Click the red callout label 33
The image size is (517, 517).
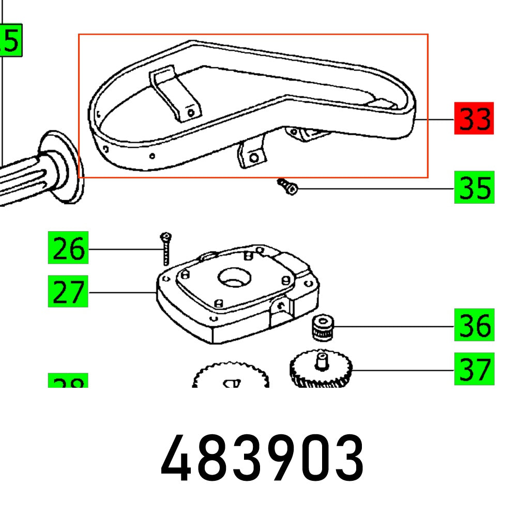click(x=474, y=119)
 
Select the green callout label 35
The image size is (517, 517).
click(x=474, y=187)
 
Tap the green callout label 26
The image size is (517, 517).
click(x=68, y=249)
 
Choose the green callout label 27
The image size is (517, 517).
click(x=68, y=292)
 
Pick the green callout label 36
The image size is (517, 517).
click(x=474, y=325)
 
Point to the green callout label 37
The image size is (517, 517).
click(x=474, y=369)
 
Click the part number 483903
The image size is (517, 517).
click(x=262, y=459)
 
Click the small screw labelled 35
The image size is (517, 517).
click(x=288, y=187)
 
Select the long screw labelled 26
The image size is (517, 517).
click(x=165, y=248)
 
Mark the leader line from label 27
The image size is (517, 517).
click(x=122, y=293)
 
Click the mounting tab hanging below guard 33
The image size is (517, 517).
click(x=252, y=155)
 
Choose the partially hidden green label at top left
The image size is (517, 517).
click(x=10, y=40)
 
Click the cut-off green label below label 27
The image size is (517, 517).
click(x=68, y=381)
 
